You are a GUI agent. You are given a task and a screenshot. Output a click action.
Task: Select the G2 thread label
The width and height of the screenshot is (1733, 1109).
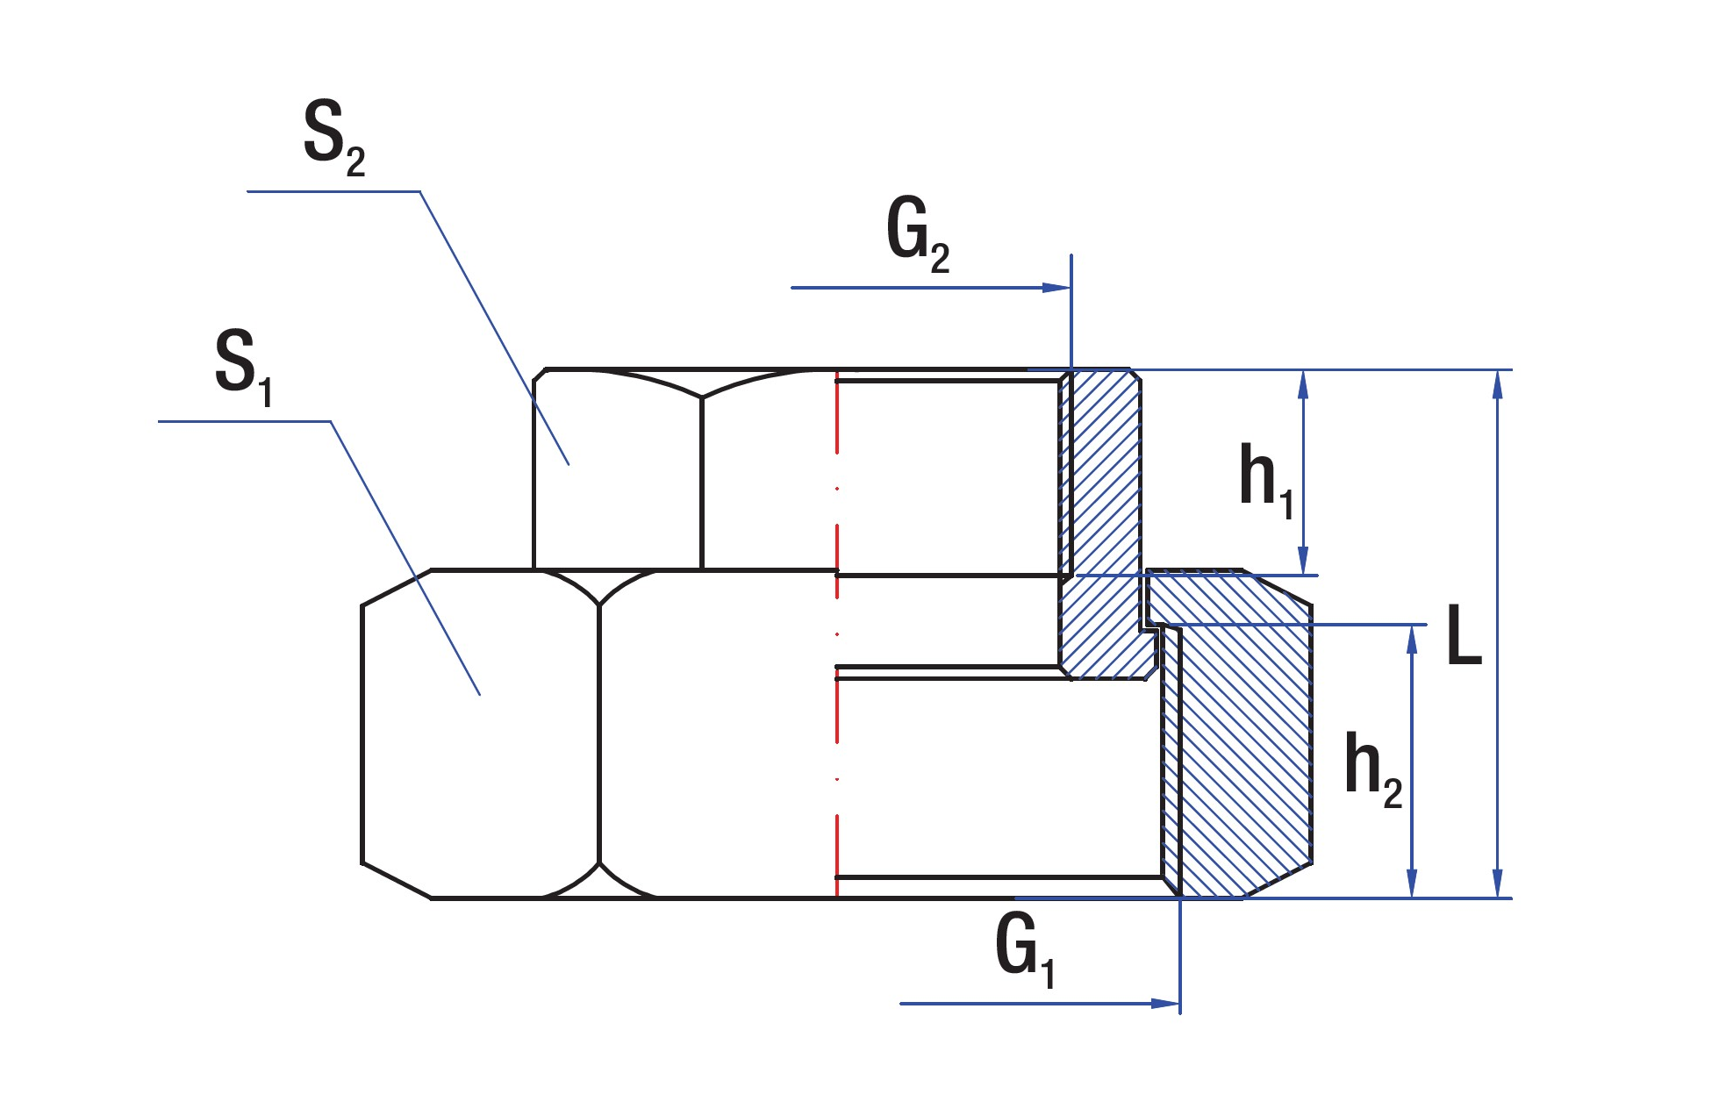917,233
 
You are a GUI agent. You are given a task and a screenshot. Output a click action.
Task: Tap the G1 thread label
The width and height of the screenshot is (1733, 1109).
1024,949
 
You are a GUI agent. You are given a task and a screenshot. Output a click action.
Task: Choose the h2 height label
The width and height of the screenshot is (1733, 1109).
1372,769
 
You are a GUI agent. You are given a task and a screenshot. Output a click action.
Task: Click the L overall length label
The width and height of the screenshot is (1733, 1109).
1464,636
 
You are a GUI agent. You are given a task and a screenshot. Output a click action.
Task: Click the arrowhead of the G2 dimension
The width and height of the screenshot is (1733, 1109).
1056,288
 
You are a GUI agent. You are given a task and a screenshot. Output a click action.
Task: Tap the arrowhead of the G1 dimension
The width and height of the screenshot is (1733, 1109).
1165,1004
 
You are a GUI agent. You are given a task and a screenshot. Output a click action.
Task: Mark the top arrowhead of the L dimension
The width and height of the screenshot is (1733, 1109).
1498,384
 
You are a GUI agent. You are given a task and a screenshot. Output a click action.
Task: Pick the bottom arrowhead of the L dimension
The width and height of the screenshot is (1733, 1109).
1498,884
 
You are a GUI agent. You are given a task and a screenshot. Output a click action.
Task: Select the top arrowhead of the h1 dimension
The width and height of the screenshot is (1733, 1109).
1303,384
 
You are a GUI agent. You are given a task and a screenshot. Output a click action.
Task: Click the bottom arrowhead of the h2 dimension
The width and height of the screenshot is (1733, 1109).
1412,884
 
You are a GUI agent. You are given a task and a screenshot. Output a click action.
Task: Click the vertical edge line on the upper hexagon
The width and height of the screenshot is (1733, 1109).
702,483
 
